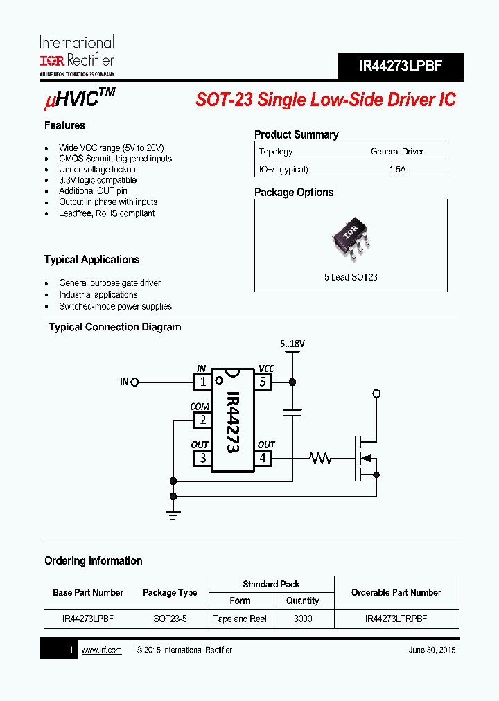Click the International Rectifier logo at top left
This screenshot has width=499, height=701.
pyautogui.click(x=76, y=55)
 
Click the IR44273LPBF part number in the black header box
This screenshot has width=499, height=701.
pyautogui.click(x=400, y=66)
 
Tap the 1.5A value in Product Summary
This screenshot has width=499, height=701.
pyautogui.click(x=397, y=169)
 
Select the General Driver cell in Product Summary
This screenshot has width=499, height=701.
pyautogui.click(x=397, y=151)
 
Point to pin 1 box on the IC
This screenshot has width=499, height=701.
pyautogui.click(x=202, y=382)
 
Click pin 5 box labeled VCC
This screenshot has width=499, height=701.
pyautogui.click(x=263, y=382)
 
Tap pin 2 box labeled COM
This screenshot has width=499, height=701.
pyautogui.click(x=202, y=420)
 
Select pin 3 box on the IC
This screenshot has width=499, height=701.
pyautogui.click(x=202, y=458)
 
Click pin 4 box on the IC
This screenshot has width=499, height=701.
pyautogui.click(x=263, y=458)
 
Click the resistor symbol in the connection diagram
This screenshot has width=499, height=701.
pyautogui.click(x=321, y=458)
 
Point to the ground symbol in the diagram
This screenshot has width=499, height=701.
pyautogui.click(x=173, y=514)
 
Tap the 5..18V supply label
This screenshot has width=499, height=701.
pyautogui.click(x=292, y=344)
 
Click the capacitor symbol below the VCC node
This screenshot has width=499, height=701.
pyautogui.click(x=292, y=412)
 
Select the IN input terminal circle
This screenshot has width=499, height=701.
pyautogui.click(x=135, y=382)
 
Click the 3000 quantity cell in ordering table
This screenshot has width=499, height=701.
pyautogui.click(x=303, y=619)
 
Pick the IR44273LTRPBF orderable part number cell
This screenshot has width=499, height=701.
pyautogui.click(x=396, y=619)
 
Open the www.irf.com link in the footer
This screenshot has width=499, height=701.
pyautogui.click(x=101, y=650)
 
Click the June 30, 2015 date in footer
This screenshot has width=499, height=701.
pyautogui.click(x=432, y=650)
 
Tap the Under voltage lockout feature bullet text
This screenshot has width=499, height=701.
pyautogui.click(x=98, y=169)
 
